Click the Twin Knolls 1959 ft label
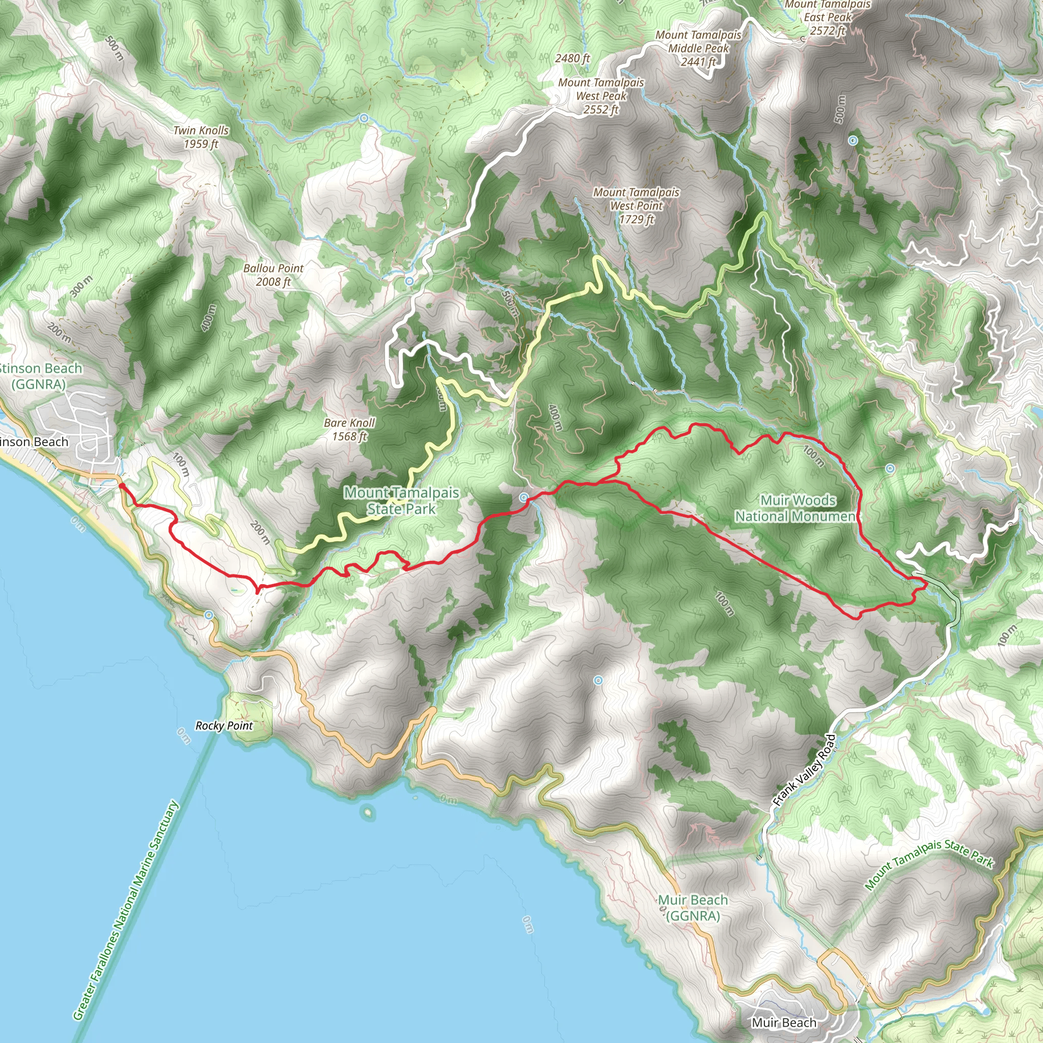(x=201, y=137)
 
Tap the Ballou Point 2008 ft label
(x=273, y=275)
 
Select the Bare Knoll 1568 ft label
(x=349, y=430)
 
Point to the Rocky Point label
(x=224, y=726)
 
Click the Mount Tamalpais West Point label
(x=637, y=206)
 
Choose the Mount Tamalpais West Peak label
(x=601, y=96)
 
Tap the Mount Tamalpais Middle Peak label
(x=699, y=48)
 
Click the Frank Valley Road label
(x=804, y=771)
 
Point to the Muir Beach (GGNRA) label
(x=693, y=908)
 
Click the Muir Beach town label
(x=784, y=1023)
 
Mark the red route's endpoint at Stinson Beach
(x=121, y=485)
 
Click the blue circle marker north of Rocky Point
(x=209, y=615)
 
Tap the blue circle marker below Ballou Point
(x=409, y=281)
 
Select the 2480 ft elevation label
(x=572, y=58)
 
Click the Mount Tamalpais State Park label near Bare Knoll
(x=402, y=501)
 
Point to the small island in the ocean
(x=368, y=811)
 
